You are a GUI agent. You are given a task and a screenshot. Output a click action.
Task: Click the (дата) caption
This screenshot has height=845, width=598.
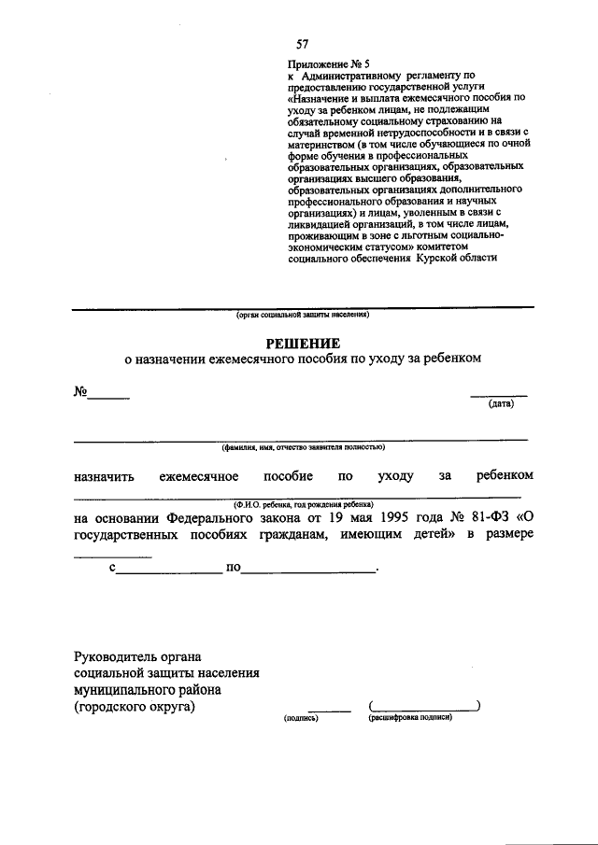499,404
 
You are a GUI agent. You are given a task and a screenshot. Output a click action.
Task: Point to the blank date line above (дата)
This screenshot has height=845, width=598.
498,395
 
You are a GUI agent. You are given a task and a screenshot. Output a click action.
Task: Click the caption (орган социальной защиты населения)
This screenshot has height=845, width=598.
303,315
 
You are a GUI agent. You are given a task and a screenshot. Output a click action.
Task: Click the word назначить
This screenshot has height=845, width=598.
104,476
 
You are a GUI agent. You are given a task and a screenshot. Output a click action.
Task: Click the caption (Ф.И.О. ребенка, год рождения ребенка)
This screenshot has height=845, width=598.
303,501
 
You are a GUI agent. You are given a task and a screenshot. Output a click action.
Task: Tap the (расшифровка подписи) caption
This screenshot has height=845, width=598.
411,718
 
